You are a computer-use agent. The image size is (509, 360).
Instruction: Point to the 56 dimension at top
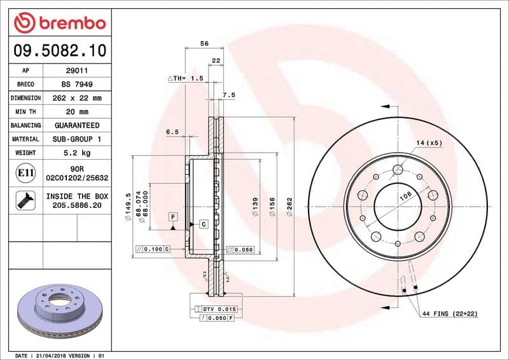[x=204, y=43]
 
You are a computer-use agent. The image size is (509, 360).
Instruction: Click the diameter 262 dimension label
[x=289, y=206]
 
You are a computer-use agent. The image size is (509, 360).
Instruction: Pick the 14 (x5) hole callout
[x=429, y=142]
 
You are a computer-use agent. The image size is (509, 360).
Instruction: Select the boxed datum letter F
[x=172, y=217]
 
